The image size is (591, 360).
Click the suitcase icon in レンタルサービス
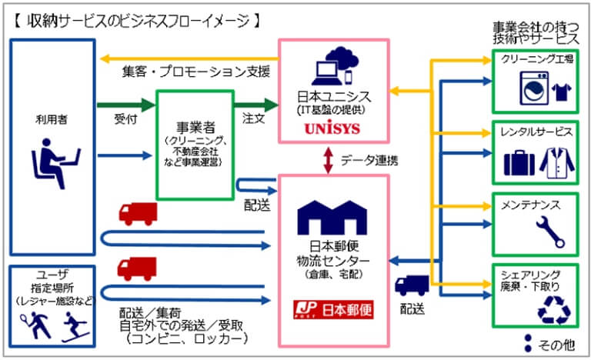pos(518,162)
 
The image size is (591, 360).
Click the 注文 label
pos(253,120)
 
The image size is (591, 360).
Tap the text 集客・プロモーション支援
pos(196,72)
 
